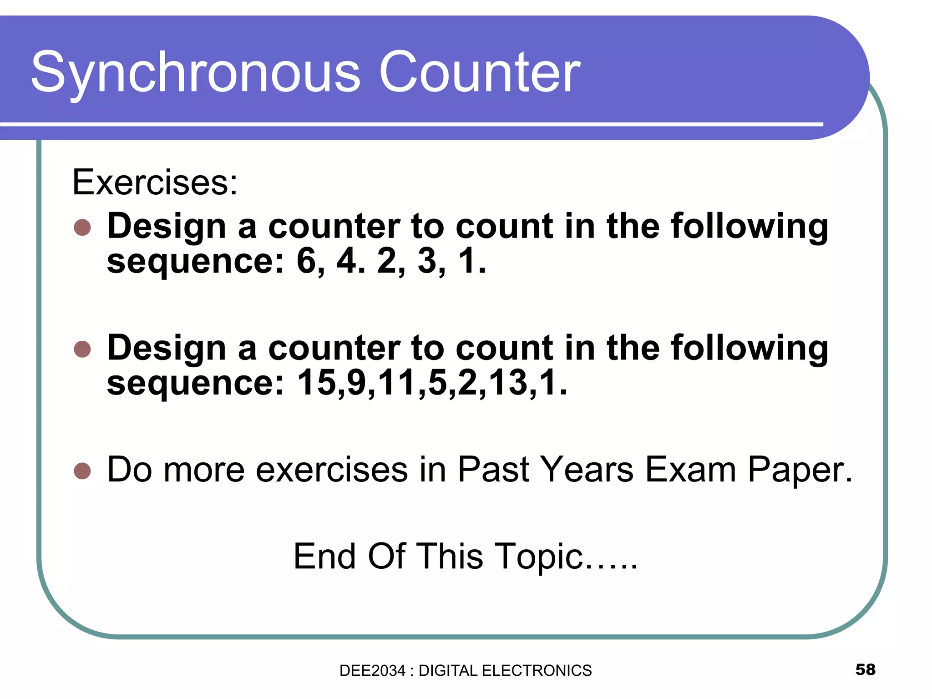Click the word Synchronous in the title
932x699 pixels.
(196, 73)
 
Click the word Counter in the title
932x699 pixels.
(480, 73)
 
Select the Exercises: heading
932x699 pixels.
(155, 182)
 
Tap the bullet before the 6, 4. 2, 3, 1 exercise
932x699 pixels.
(82, 227)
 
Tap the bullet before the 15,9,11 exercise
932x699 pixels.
(82, 349)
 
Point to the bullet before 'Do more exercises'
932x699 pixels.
(82, 471)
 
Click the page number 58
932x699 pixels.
(865, 669)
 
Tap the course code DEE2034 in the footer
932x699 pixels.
(372, 671)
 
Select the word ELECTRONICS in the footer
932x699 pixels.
(537, 671)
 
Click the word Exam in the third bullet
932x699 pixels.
(690, 470)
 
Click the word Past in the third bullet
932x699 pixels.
(494, 470)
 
